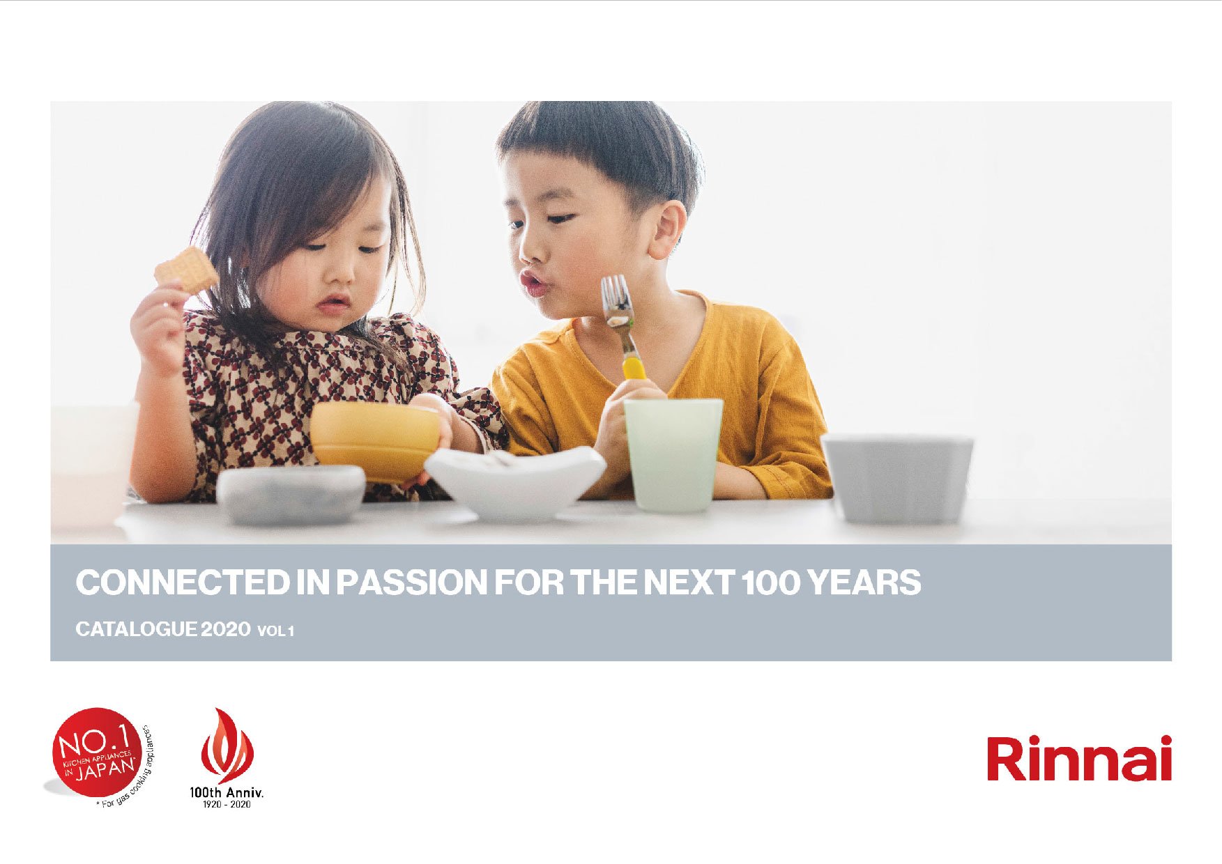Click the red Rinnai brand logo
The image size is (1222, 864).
click(x=1079, y=758)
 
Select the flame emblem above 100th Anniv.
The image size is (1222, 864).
click(x=227, y=746)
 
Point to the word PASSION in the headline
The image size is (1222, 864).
click(x=412, y=583)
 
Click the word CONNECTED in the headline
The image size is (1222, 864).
click(x=183, y=583)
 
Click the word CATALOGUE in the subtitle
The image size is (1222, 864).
click(x=136, y=629)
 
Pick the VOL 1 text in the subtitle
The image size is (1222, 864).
click(x=276, y=631)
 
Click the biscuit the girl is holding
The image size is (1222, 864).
click(x=186, y=270)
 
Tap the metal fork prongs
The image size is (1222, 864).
click(x=617, y=300)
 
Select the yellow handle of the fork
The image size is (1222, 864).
click(x=634, y=368)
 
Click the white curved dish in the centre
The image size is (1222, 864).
click(x=515, y=481)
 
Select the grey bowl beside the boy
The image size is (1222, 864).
click(x=898, y=478)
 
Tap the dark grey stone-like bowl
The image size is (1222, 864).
click(x=291, y=494)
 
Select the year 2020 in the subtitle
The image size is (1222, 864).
click(x=226, y=629)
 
